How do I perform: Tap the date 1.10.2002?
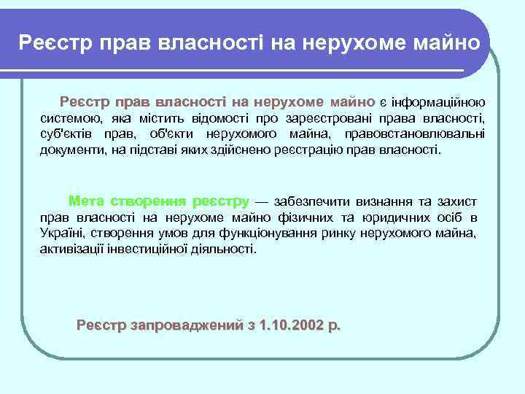pyautogui.click(x=287, y=325)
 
